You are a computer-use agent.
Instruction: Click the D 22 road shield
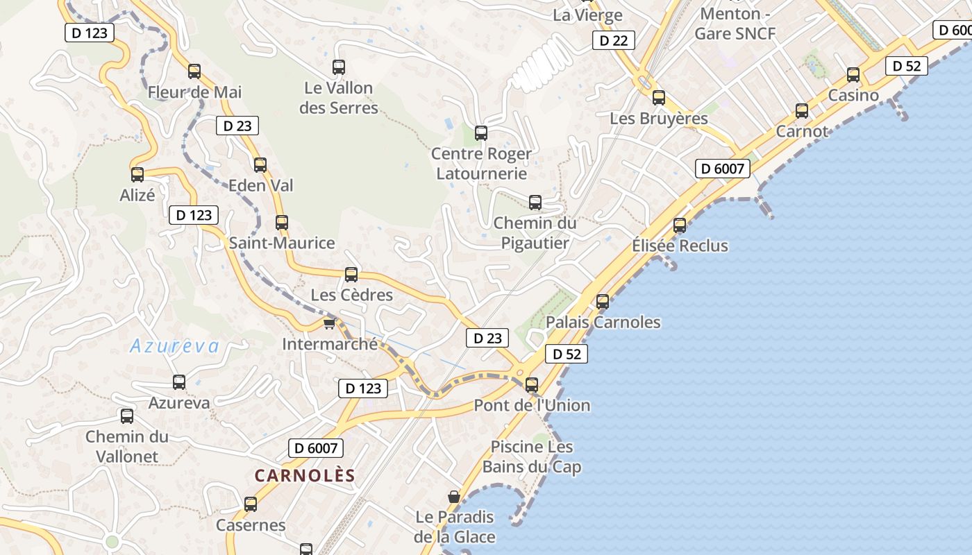614,40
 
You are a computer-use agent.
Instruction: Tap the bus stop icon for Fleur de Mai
194,71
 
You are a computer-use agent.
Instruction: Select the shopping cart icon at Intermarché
330,323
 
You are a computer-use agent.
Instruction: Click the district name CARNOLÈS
305,476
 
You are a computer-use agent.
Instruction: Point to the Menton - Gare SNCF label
735,24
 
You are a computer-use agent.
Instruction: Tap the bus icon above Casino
853,75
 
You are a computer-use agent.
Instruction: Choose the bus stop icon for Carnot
802,110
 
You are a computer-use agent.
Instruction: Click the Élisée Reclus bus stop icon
680,225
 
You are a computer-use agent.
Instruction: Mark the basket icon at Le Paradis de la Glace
454,497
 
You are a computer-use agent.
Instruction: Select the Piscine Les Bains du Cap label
532,456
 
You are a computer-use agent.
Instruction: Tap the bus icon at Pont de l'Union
532,384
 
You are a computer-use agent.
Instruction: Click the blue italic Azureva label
174,345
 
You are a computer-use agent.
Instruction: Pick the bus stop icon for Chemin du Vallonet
127,416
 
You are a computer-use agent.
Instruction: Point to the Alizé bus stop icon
137,174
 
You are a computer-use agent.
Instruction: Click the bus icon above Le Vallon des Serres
339,67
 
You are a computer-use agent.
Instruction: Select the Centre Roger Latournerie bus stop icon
481,133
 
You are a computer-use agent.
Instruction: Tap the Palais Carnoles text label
603,322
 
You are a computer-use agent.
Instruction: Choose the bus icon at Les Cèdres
351,274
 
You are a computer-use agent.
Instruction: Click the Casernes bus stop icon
251,504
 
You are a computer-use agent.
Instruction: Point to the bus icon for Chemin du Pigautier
535,203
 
